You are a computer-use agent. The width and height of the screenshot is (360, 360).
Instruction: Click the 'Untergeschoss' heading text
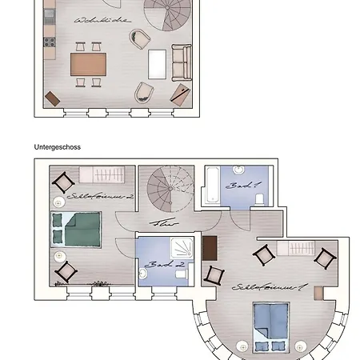(58, 147)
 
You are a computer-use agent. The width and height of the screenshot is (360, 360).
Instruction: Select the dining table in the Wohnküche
(89, 63)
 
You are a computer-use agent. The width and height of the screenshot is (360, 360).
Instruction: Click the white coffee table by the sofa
(158, 63)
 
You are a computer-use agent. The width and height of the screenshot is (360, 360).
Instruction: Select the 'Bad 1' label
(238, 185)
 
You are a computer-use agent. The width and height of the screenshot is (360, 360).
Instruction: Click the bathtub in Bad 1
(214, 187)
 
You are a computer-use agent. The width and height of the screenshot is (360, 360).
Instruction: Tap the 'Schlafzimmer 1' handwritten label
(258, 286)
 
